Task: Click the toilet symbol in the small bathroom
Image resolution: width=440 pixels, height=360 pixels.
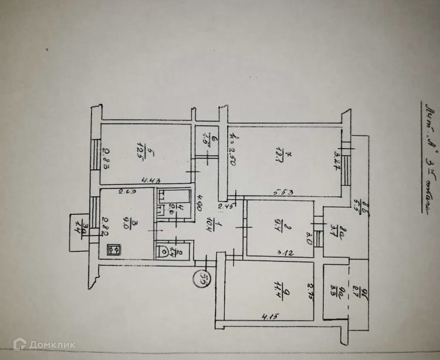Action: (x=163, y=251)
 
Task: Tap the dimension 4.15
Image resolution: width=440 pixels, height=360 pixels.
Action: (x=270, y=318)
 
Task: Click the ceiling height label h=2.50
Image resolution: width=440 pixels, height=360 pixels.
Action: (x=232, y=143)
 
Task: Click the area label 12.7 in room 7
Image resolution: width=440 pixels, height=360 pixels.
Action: (x=289, y=157)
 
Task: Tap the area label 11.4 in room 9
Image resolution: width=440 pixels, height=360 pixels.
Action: (x=266, y=288)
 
